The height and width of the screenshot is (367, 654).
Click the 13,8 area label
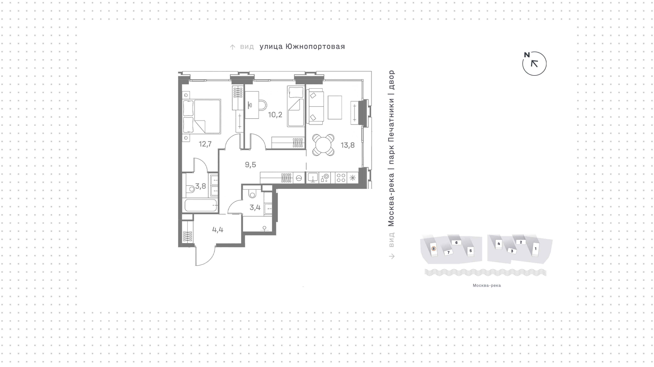click(348, 145)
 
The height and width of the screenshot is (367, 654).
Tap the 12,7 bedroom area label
click(205, 144)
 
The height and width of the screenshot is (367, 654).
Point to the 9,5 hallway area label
click(250, 165)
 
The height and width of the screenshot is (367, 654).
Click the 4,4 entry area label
click(218, 230)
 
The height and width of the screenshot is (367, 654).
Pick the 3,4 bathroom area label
click(255, 207)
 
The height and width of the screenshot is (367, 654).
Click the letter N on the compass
click(527, 55)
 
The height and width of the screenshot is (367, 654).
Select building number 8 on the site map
click(434, 249)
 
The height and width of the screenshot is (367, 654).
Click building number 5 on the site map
click(471, 251)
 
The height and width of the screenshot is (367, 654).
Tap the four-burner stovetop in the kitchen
click(341, 178)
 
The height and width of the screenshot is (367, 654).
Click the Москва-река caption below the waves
click(487, 285)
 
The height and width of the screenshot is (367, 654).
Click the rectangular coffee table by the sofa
click(335, 107)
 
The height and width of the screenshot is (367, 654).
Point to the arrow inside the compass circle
click(534, 63)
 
